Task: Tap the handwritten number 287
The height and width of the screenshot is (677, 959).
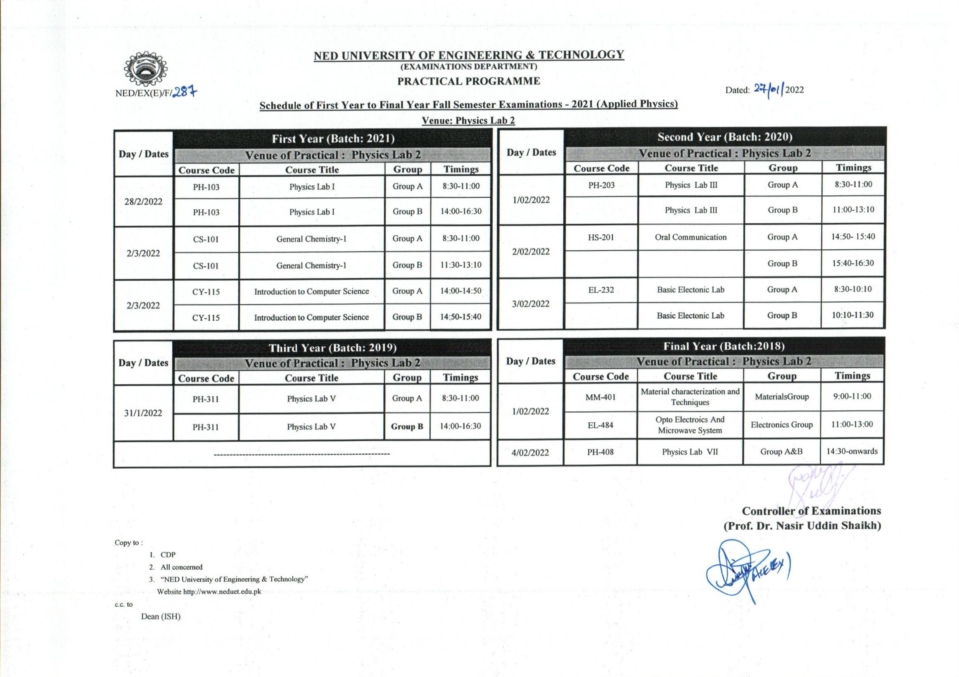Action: [x=185, y=92]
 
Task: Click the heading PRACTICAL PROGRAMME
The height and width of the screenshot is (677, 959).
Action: [x=468, y=81]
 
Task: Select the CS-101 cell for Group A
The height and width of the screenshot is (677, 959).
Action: [x=206, y=239]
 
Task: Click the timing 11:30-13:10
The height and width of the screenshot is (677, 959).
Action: [x=461, y=265]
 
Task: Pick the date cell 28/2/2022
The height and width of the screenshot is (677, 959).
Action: [x=143, y=201]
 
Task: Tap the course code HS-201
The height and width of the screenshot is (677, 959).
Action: [x=601, y=237]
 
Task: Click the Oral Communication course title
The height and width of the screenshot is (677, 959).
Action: [x=691, y=237]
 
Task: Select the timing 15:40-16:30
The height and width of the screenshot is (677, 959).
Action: [x=852, y=263]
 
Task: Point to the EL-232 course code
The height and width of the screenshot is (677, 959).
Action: [x=601, y=290]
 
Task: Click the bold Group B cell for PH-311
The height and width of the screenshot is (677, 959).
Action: [x=407, y=426]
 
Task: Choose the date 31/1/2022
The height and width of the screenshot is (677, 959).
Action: [x=143, y=413]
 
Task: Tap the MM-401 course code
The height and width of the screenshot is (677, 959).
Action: [x=600, y=398]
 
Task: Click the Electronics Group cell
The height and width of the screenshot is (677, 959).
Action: [x=781, y=425]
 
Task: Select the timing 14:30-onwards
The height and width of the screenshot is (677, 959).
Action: [x=852, y=451]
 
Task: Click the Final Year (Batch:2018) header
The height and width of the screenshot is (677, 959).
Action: [x=724, y=346]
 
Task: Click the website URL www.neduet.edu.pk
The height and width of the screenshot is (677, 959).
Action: [x=222, y=592]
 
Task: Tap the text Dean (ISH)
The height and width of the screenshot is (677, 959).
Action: [x=161, y=616]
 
